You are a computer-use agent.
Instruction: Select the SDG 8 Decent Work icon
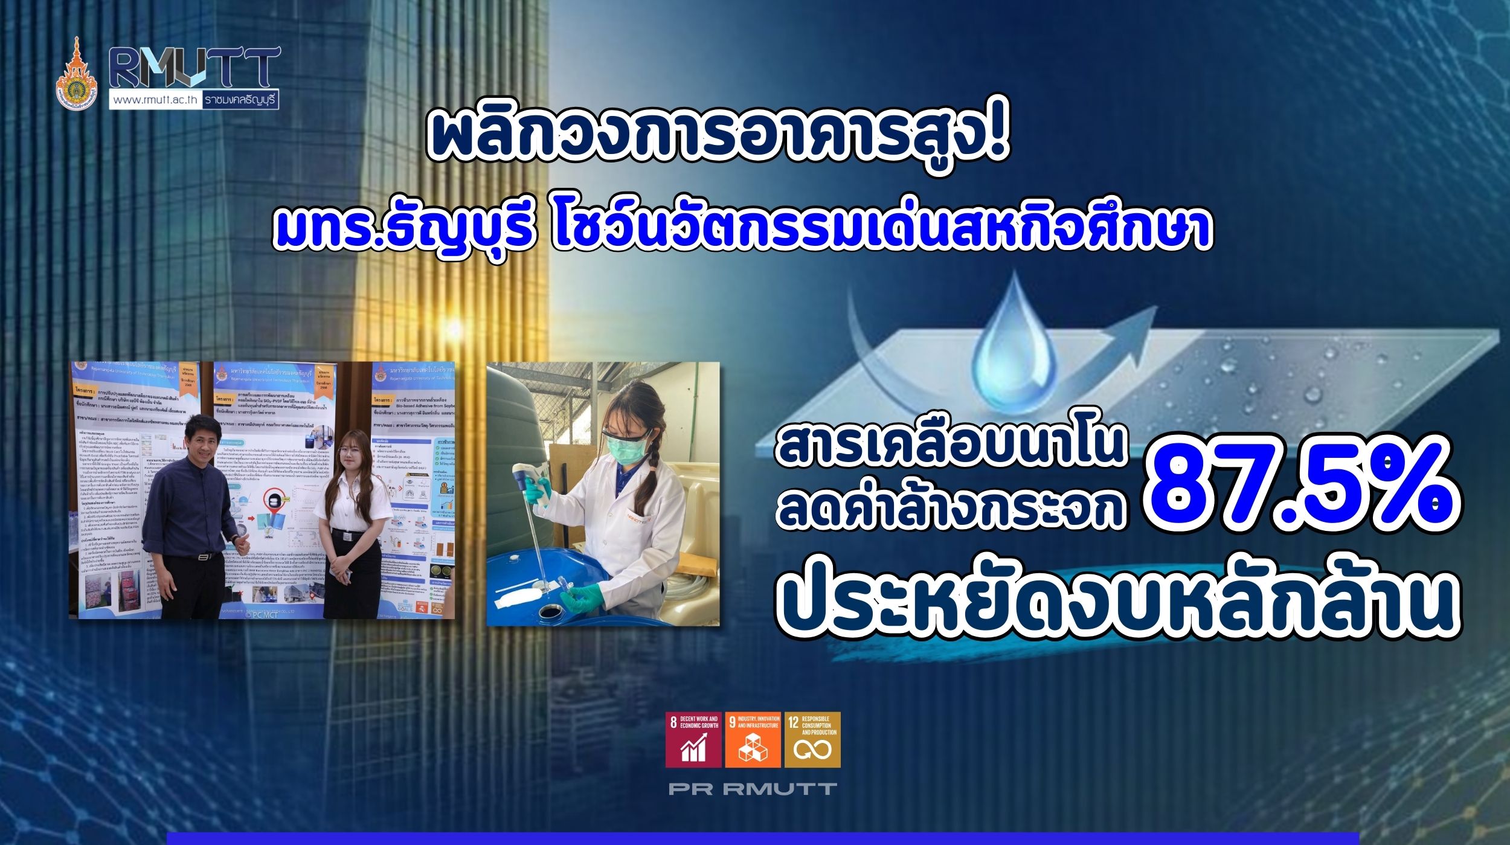(x=693, y=740)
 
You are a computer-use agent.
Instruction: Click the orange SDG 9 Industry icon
(x=753, y=740)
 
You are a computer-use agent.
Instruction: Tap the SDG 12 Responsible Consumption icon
(x=812, y=740)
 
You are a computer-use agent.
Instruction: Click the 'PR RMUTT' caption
(x=752, y=788)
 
